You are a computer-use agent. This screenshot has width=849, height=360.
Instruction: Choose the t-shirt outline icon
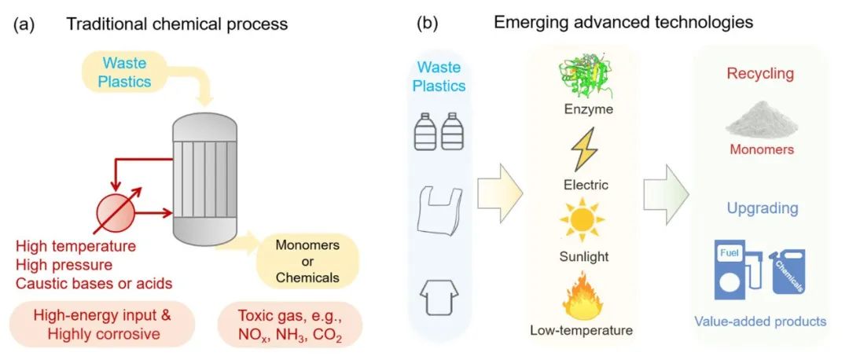[439, 300]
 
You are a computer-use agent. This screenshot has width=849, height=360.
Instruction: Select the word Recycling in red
[760, 74]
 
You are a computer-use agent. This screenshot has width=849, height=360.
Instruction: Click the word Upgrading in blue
[760, 209]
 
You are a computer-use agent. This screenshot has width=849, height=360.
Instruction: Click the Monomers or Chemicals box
[307, 261]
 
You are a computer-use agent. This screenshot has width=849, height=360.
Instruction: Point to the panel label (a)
[22, 24]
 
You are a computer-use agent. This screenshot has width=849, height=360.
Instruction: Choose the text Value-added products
[760, 321]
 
